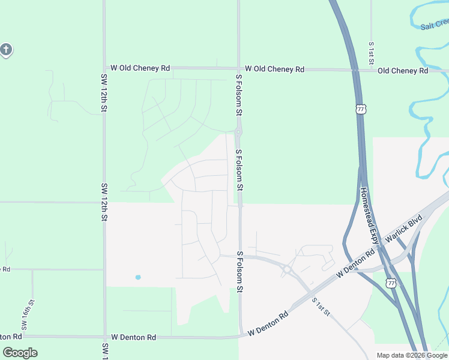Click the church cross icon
[6, 50]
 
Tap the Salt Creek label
[435, 25]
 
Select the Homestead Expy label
[369, 211]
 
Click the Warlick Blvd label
[404, 230]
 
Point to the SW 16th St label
[25, 316]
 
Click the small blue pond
[138, 277]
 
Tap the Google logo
[20, 353]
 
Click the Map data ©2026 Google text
[412, 355]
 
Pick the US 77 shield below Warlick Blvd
[391, 282]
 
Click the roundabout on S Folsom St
[238, 132]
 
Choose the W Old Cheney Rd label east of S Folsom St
[274, 70]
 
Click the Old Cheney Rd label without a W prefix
[403, 71]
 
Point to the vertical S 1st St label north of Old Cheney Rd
[372, 53]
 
